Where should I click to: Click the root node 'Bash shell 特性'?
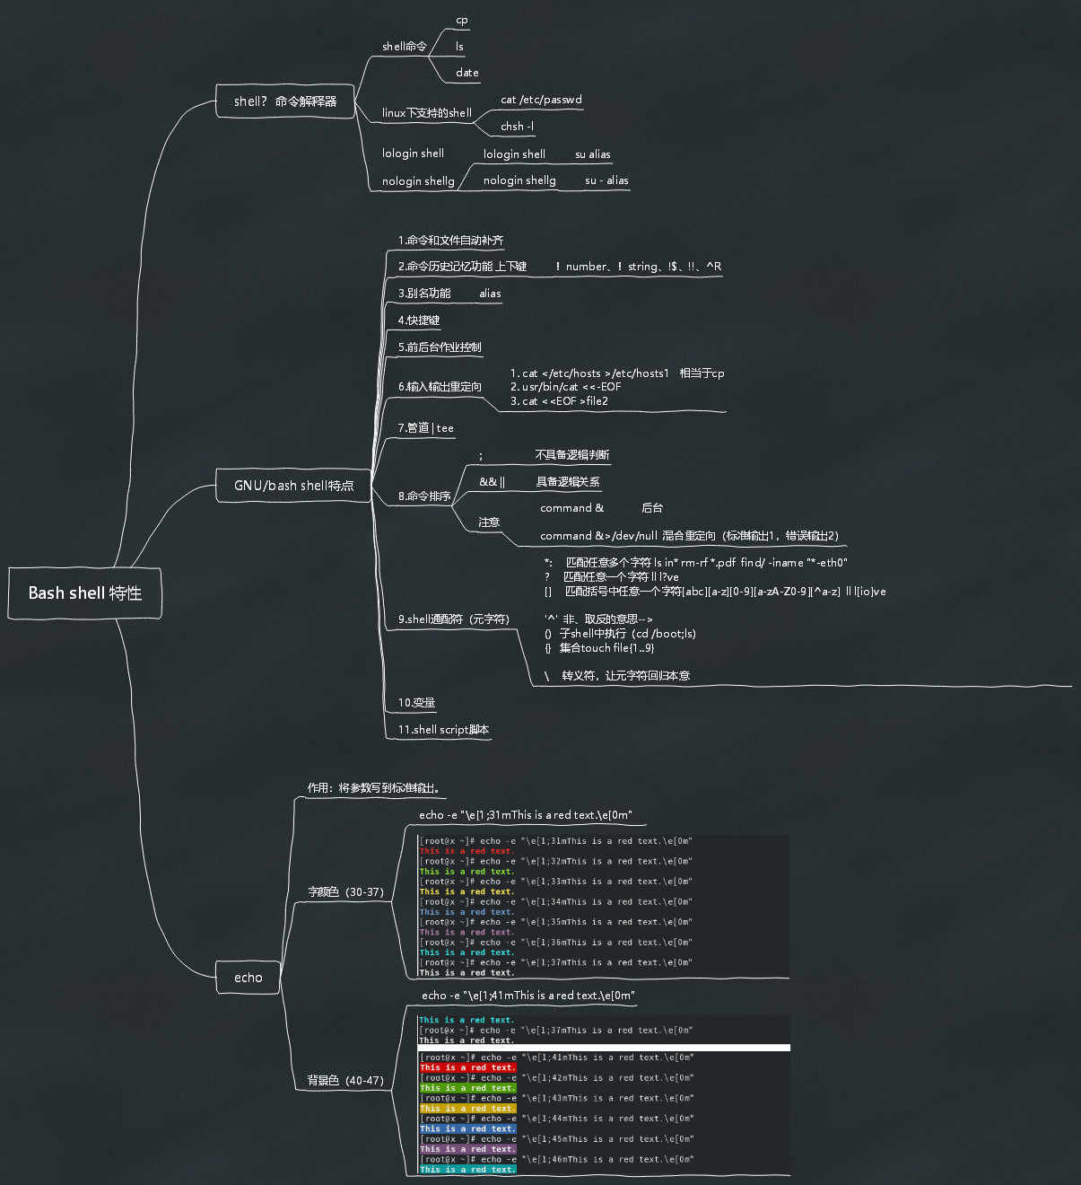[x=85, y=593]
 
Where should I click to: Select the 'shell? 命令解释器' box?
[x=285, y=101]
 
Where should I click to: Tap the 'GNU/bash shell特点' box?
[x=293, y=486]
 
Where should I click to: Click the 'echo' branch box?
[x=248, y=978]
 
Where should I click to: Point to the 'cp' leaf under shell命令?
[x=462, y=20]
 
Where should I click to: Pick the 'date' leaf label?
[x=466, y=73]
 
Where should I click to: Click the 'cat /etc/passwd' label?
[x=541, y=100]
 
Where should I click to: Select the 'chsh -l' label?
[x=517, y=127]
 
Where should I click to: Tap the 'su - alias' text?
[x=606, y=180]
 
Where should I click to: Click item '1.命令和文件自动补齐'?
[x=450, y=241]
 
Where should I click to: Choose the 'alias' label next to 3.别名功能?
[x=490, y=294]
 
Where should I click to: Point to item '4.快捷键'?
[x=419, y=320]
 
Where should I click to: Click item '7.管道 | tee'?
[x=425, y=428]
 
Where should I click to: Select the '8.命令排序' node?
[x=424, y=496]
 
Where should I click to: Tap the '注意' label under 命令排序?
[x=489, y=522]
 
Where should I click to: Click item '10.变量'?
[x=416, y=703]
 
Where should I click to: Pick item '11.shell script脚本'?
[x=443, y=730]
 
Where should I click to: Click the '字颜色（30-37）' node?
[x=345, y=892]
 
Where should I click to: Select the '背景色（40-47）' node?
[x=345, y=1081]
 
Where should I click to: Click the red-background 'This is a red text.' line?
[x=467, y=1067]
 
